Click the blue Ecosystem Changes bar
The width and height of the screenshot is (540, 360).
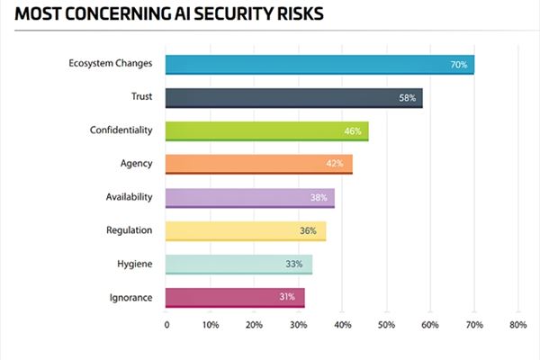[319, 64]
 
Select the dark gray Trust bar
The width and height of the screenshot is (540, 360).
[293, 97]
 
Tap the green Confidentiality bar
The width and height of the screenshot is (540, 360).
[267, 130]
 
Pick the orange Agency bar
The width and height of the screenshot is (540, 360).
[258, 164]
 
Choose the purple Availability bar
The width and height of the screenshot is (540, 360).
[249, 197]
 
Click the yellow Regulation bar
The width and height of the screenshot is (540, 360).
[245, 230]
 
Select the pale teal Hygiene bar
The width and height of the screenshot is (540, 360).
[238, 264]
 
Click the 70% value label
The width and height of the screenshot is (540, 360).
[457, 65]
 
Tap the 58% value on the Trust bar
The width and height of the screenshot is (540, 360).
[406, 98]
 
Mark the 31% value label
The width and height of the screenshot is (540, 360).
[288, 298]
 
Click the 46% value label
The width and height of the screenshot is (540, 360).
[352, 131]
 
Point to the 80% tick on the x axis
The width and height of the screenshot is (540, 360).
[517, 325]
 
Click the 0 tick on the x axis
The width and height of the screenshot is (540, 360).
[166, 325]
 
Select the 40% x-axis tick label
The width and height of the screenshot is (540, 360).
[342, 325]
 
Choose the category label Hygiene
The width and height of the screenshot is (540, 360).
[134, 263]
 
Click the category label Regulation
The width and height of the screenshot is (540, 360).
[129, 229]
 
